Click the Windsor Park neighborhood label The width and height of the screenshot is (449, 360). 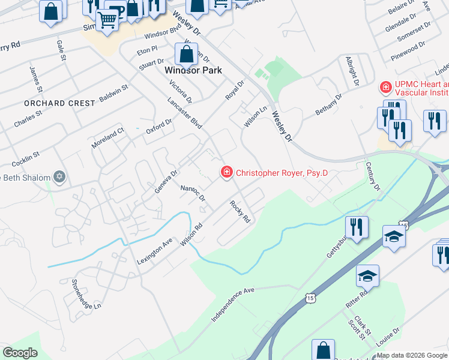[x=193, y=70]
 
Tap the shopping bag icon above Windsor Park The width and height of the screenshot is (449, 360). [x=187, y=54]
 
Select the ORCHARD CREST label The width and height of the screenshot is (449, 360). [x=59, y=103]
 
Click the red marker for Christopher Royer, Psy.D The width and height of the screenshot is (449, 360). [x=227, y=173]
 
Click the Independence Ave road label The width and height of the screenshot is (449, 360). [x=233, y=304]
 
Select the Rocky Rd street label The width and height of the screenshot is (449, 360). [x=240, y=211]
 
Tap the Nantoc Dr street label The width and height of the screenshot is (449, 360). [x=193, y=193]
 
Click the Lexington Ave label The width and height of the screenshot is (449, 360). [x=154, y=251]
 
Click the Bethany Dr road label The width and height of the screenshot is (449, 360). [x=328, y=104]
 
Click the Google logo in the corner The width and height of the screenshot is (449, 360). [x=20, y=352]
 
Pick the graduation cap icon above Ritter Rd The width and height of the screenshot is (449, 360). [x=367, y=275]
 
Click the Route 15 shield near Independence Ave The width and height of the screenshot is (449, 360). [x=309, y=298]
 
